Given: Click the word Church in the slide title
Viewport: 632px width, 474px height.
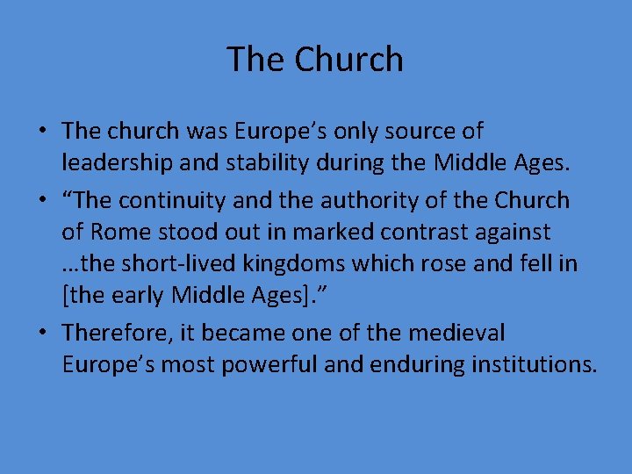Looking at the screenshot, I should (348, 60).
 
